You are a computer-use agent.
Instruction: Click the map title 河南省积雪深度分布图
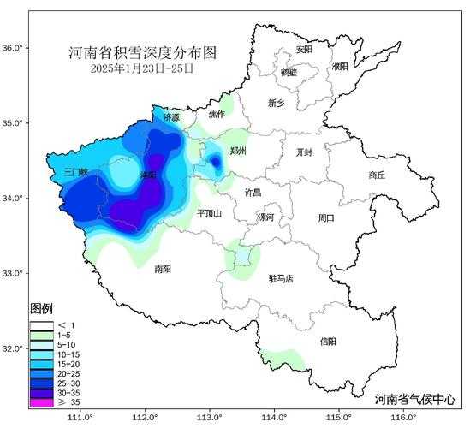point(142,53)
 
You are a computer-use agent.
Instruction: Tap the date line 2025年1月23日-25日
point(142,68)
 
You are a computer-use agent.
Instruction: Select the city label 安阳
point(304,49)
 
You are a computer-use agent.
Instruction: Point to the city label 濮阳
point(340,66)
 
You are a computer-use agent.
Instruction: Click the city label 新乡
point(277,104)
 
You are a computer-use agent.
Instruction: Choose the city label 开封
point(304,152)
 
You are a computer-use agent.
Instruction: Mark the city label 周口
point(326,218)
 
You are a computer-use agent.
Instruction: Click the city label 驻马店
point(280,278)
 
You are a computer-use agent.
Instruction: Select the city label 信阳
point(328,342)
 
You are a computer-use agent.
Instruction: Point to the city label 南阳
point(163,269)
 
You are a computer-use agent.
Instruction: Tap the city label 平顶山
point(210,213)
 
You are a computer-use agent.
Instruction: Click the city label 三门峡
point(76,172)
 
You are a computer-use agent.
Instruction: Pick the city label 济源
point(171,117)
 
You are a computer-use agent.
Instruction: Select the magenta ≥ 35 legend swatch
point(40,401)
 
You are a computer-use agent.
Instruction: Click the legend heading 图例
point(42,308)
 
